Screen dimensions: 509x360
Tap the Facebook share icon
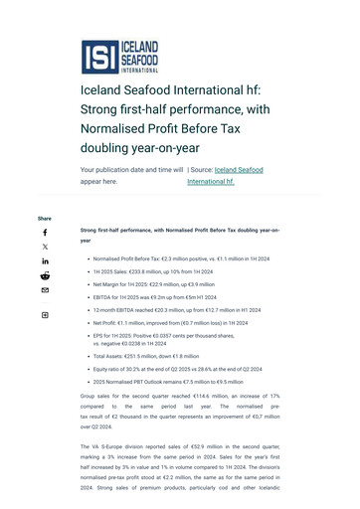pyautogui.click(x=45, y=233)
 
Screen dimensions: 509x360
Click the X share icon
pyautogui.click(x=45, y=247)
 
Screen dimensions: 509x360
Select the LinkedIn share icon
pyautogui.click(x=45, y=261)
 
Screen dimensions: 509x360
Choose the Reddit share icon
pyautogui.click(x=45, y=275)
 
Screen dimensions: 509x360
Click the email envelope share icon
pyautogui.click(x=45, y=290)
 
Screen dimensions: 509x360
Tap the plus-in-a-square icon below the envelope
pyautogui.click(x=45, y=315)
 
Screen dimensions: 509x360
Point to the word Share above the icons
pyautogui.click(x=45, y=219)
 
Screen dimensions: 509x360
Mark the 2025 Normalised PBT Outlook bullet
pyautogui.click(x=168, y=382)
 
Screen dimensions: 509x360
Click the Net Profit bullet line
pyautogui.click(x=170, y=323)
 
